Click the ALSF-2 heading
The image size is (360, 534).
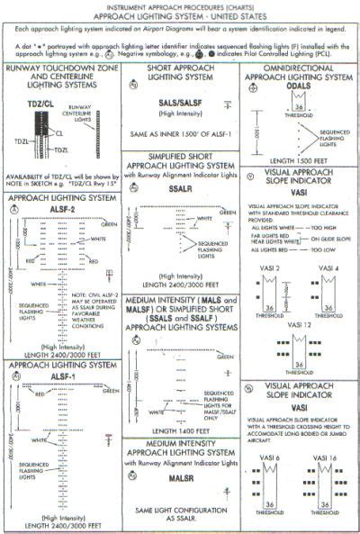pyautogui.click(x=60, y=209)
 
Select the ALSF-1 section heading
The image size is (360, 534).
pyautogui.click(x=60, y=378)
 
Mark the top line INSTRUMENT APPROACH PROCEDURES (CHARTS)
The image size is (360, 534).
pyautogui.click(x=179, y=6)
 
